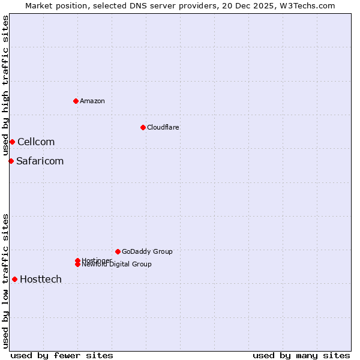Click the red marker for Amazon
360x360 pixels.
[x=76, y=101]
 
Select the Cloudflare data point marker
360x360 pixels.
[x=143, y=127]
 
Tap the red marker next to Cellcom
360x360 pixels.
[x=12, y=142]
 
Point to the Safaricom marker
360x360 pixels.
[x=11, y=161]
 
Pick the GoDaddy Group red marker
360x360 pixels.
[x=118, y=251]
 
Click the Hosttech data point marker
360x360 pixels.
[x=14, y=279]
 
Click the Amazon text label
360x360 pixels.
[x=92, y=101]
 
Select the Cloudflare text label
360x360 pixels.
[x=163, y=127]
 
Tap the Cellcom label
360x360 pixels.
[x=36, y=142]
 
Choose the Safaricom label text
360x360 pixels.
[x=40, y=161]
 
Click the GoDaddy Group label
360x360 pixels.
[x=147, y=251]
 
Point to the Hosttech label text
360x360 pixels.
[x=41, y=280]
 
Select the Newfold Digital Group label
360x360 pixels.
[x=116, y=265]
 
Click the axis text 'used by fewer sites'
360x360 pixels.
[x=62, y=355]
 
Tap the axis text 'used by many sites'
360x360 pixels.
[x=301, y=355]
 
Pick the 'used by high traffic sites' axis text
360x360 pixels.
[x=5, y=86]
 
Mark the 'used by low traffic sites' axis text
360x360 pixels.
[x=5, y=281]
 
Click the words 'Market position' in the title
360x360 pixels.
[x=52, y=5]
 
